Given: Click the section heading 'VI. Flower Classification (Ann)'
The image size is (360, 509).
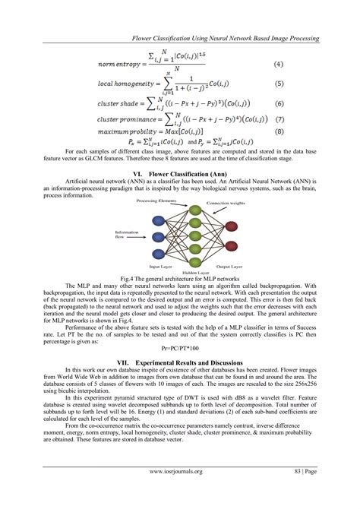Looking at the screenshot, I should [179, 174].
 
